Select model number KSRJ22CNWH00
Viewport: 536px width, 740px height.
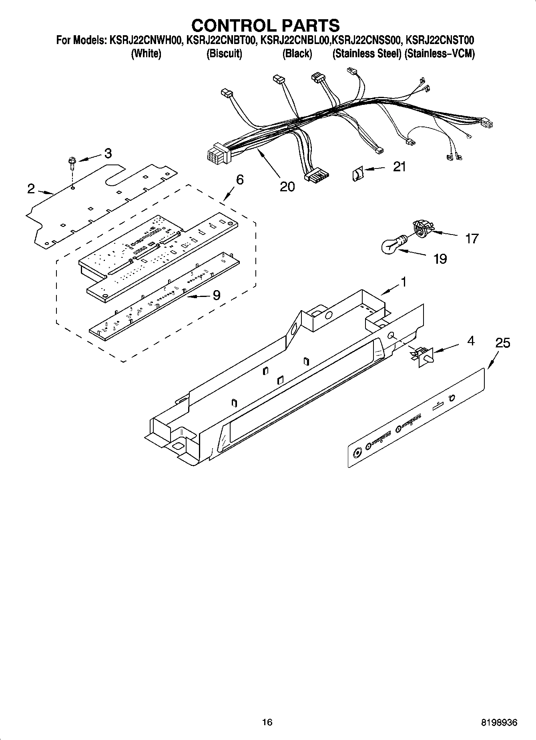point(144,40)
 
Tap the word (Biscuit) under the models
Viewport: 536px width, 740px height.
point(224,54)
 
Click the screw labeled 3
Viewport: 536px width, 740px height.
point(71,163)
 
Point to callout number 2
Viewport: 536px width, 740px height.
point(31,189)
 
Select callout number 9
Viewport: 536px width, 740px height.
point(216,295)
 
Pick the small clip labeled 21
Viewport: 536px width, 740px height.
point(357,174)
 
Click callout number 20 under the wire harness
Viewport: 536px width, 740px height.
point(287,186)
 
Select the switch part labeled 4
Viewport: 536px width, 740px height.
point(422,355)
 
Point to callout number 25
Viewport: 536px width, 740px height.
point(503,343)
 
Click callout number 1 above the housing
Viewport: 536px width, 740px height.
point(404,282)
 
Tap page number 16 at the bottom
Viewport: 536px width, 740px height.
point(267,722)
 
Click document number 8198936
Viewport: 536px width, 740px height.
point(499,722)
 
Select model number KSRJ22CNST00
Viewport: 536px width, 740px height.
point(440,40)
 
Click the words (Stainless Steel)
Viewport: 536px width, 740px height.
point(367,54)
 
